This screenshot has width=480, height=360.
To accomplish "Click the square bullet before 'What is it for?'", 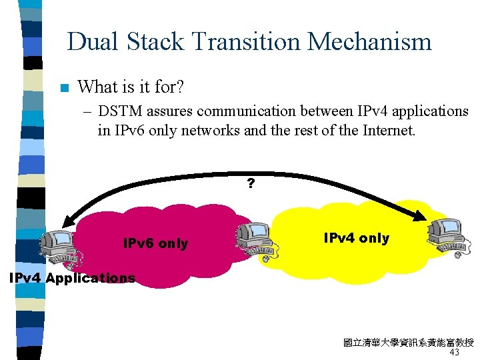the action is (64, 87).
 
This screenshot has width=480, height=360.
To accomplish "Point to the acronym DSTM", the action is (121, 111).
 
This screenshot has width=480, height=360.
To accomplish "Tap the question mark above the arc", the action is (251, 183).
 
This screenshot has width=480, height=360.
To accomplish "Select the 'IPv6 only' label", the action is (156, 243).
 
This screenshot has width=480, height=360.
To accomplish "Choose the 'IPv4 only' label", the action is (356, 238).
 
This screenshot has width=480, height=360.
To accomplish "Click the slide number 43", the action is (455, 352).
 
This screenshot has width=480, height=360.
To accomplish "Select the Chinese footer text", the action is (408, 343).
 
